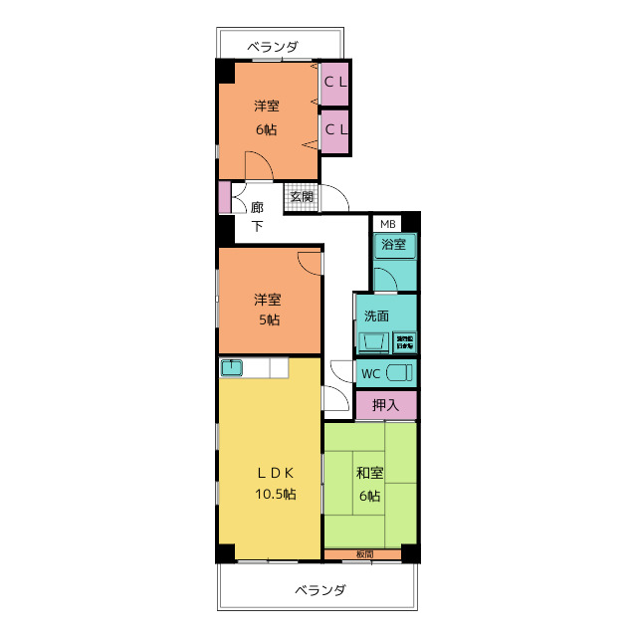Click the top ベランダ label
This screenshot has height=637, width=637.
(272, 46)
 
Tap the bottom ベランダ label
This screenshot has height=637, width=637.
(319, 589)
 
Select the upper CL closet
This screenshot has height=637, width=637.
(334, 83)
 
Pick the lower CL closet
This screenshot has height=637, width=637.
(334, 129)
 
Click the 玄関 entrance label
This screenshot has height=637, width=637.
(303, 196)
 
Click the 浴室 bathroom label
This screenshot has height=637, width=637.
(394, 245)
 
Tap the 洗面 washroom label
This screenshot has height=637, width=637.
(376, 317)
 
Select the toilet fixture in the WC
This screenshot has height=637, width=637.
(399, 374)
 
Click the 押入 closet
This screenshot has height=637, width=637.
(385, 405)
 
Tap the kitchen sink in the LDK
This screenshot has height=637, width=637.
(231, 368)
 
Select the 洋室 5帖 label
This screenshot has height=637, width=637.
(266, 309)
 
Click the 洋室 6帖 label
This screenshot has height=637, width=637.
(266, 116)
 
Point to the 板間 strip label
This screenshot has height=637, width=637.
(364, 553)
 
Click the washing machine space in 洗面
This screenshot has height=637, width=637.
(406, 341)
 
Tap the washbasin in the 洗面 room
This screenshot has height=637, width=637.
(375, 342)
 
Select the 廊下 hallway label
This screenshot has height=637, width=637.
(257, 216)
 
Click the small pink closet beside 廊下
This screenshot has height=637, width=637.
(225, 197)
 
